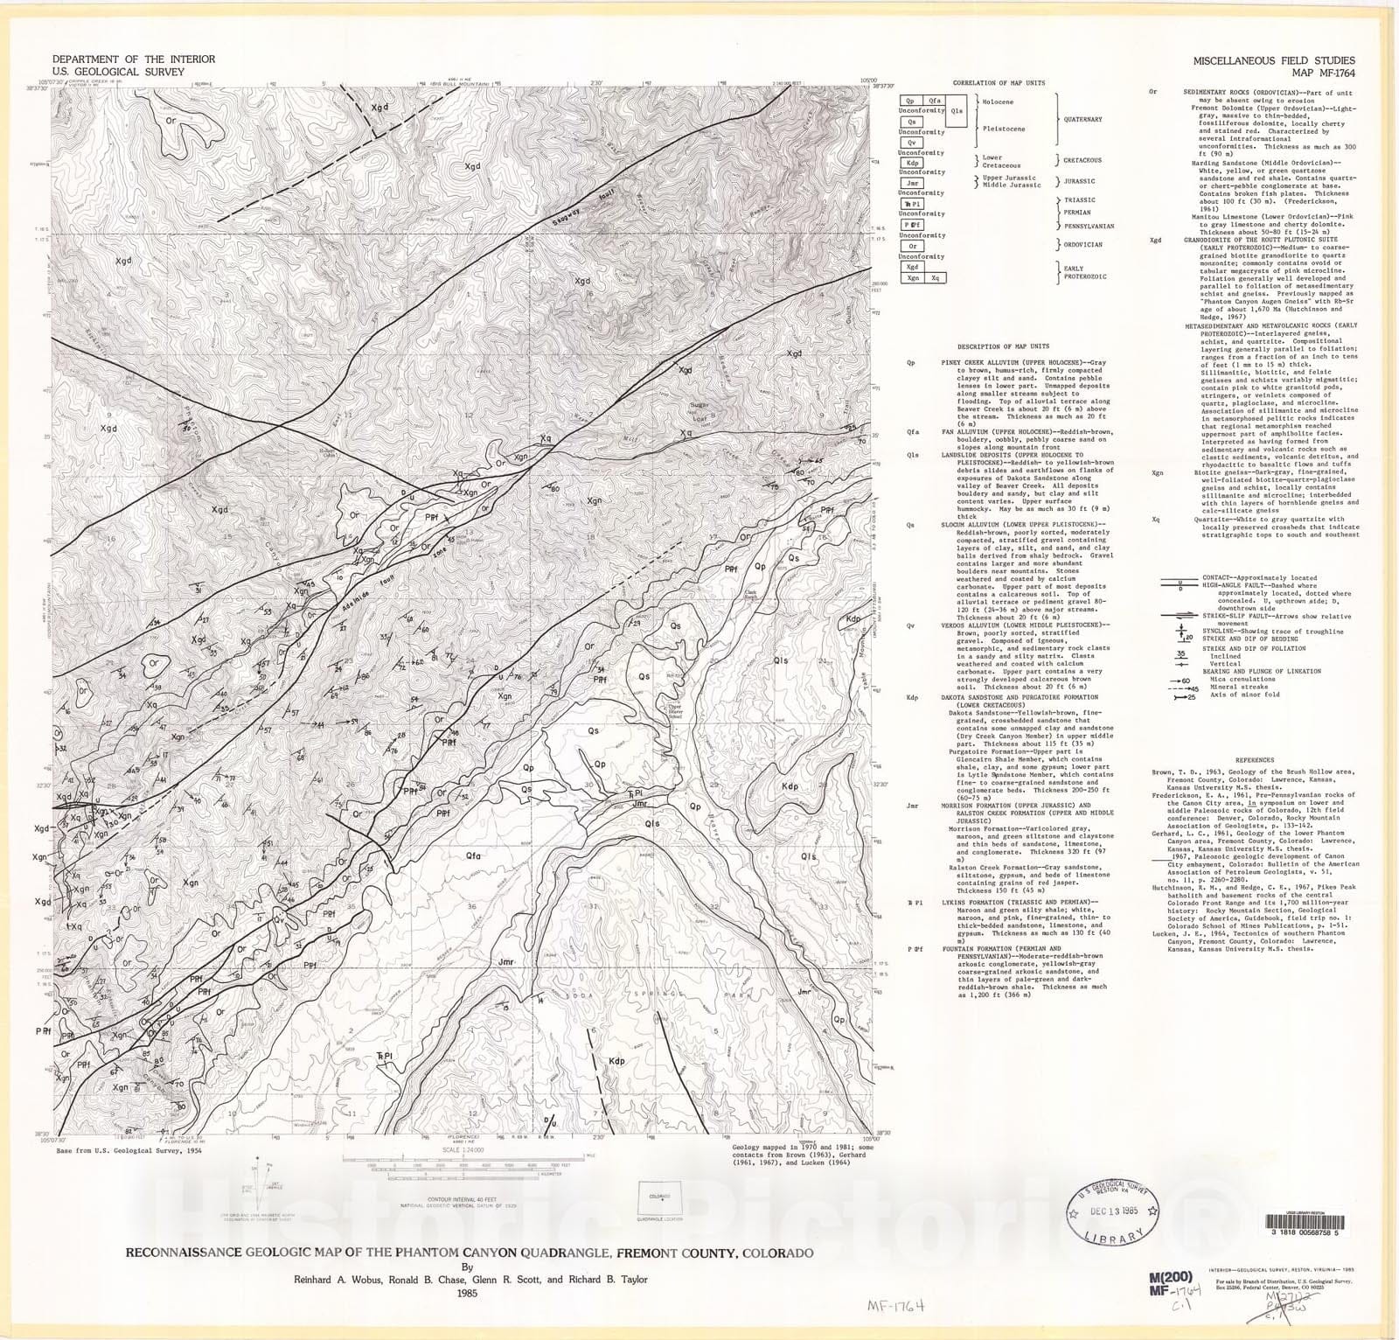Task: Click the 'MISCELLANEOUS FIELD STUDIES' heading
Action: click(1274, 61)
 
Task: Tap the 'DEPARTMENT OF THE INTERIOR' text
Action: click(134, 59)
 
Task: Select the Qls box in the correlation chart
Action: click(957, 111)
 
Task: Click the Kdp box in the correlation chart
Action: click(912, 163)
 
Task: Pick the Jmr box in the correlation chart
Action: click(912, 184)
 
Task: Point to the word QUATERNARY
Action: click(1082, 119)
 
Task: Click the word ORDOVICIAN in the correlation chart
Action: click(1082, 245)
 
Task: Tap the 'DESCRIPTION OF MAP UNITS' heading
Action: click(1003, 346)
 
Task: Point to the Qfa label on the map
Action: click(473, 855)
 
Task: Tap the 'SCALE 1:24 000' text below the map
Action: click(463, 1149)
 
